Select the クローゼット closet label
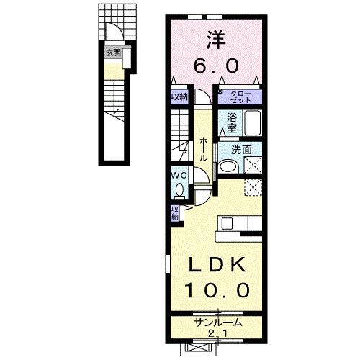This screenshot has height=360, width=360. pyautogui.click(x=239, y=97)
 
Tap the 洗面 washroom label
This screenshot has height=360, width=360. pyautogui.click(x=240, y=150)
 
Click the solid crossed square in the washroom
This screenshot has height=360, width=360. pyautogui.click(x=253, y=165)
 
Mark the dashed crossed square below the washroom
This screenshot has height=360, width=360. pyautogui.click(x=253, y=186)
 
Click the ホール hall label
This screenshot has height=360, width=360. pyautogui.click(x=204, y=148)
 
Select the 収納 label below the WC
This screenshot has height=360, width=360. pyautogui.click(x=175, y=212)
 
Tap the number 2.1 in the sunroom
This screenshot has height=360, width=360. pyautogui.click(x=216, y=333)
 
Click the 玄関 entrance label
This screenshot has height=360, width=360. pyautogui.click(x=112, y=52)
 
